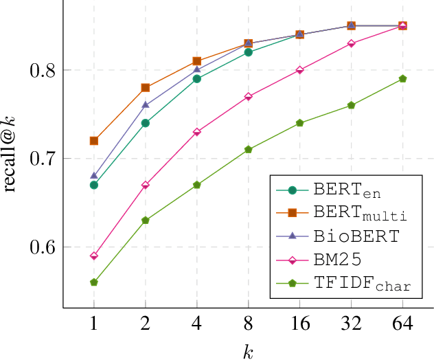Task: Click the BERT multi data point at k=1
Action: tap(94, 141)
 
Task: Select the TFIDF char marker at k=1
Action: tap(94, 282)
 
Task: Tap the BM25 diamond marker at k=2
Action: tap(146, 185)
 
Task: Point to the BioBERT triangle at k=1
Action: tap(94, 176)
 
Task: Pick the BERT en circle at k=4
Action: tap(197, 79)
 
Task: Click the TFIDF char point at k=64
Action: tap(403, 79)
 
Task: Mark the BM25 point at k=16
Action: tap(300, 70)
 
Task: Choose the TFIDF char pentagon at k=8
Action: tap(249, 150)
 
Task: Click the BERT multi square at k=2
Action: tap(146, 88)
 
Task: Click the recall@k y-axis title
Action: tap(11, 155)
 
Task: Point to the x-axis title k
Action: tap(248, 352)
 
